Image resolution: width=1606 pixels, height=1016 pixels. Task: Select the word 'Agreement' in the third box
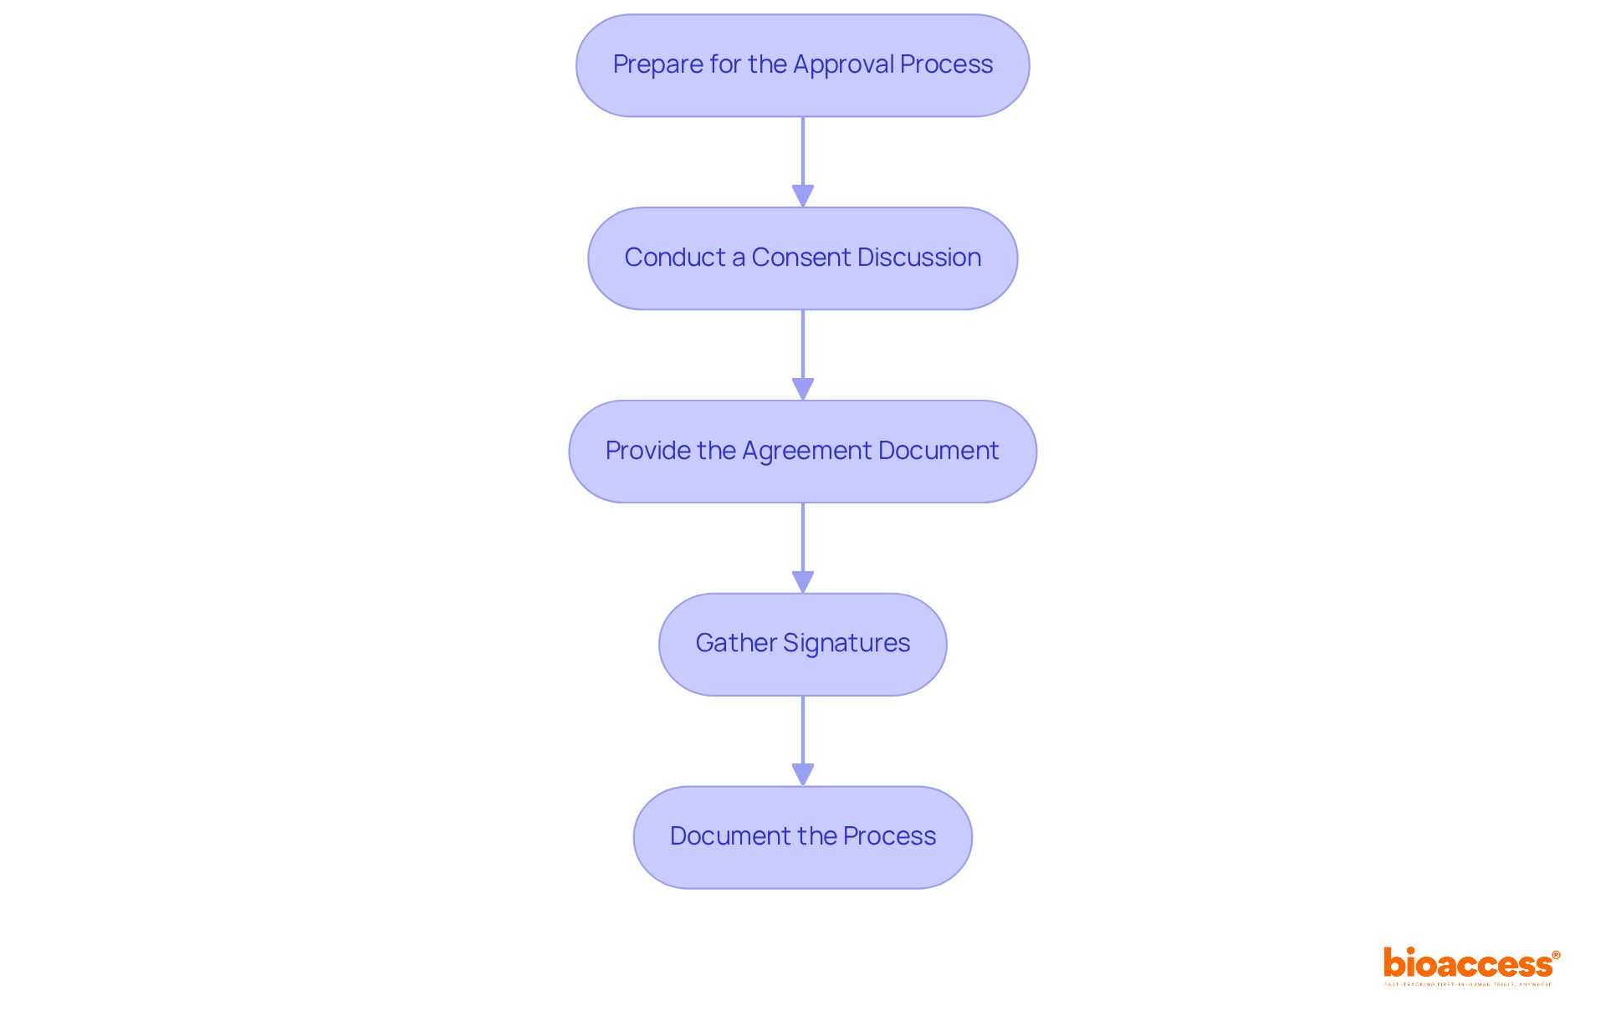click(806, 452)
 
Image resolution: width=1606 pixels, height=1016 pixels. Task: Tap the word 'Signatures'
click(846, 643)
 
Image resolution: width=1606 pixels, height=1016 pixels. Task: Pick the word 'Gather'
click(735, 643)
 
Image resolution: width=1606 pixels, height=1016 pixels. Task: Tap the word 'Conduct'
click(674, 258)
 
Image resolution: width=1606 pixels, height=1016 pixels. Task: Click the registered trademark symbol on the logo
click(1555, 955)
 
